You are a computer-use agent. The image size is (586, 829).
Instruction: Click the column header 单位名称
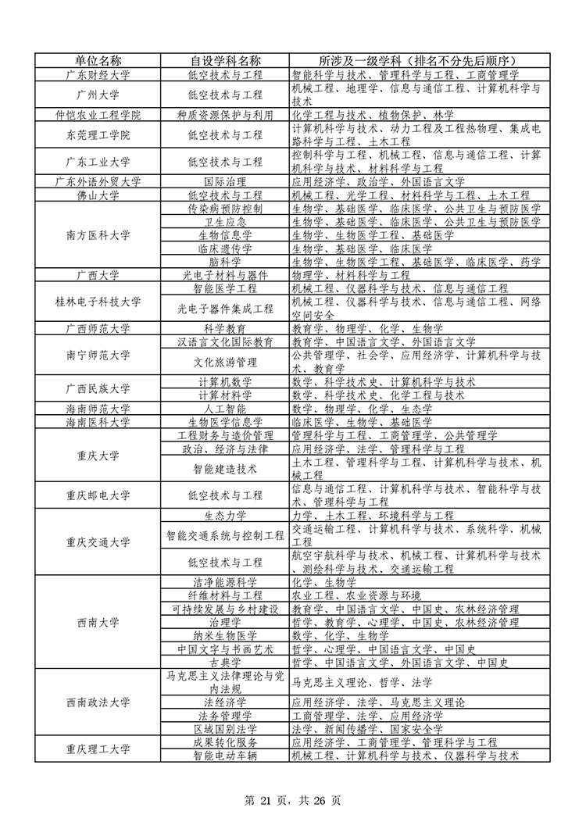[x=98, y=60]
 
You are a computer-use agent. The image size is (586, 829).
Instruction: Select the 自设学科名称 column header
[x=225, y=60]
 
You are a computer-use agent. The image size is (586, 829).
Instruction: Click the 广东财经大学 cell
[x=98, y=75]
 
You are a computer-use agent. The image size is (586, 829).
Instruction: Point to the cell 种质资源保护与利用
[x=225, y=115]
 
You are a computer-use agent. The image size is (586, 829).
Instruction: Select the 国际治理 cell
[x=225, y=181]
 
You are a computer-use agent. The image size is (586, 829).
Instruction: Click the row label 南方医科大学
[x=98, y=235]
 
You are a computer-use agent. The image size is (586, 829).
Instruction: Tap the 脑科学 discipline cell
[x=225, y=262]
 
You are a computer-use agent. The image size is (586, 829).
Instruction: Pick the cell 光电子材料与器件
[x=225, y=275]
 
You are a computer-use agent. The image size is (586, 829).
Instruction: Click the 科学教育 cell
[x=225, y=328]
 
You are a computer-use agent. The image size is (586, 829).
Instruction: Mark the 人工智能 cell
[x=225, y=409]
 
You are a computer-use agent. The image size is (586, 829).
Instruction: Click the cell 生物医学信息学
[x=225, y=422]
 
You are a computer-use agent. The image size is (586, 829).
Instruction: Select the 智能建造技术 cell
[x=225, y=469]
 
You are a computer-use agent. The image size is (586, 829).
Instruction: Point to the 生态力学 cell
[x=225, y=516]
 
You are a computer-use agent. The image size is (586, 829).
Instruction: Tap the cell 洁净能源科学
[x=225, y=582]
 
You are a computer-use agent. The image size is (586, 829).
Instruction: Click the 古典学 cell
[x=225, y=663]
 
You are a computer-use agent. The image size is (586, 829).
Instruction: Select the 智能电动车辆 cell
[x=225, y=756]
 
